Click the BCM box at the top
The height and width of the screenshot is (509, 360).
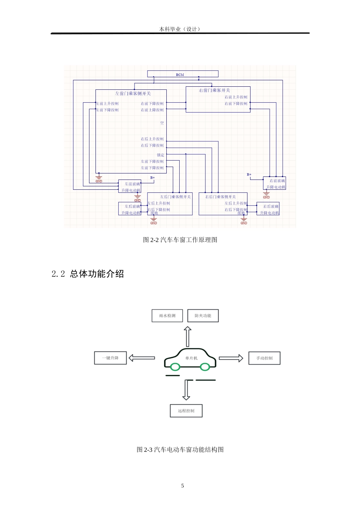[183, 74]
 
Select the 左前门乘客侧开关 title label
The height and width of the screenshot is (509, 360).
[133, 94]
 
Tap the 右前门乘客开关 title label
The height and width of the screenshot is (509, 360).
[214, 91]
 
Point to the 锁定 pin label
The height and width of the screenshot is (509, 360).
[161, 155]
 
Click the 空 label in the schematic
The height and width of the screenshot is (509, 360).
[162, 123]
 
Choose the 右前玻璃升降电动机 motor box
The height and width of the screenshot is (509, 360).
[275, 184]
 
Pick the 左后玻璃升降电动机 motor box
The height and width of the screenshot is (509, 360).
[130, 209]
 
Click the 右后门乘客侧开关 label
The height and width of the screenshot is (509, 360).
[221, 197]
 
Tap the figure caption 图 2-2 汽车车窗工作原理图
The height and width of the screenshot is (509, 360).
[180, 240]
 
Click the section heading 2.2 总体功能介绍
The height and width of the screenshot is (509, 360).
[88, 274]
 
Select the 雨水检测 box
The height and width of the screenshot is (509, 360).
[167, 316]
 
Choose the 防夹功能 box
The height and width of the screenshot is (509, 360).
[203, 316]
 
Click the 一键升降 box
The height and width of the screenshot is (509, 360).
[110, 358]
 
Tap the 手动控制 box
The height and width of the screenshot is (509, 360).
[264, 358]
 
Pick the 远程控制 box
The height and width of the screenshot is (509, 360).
[186, 411]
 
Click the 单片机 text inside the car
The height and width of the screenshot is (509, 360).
[191, 358]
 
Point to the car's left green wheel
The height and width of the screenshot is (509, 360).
[175, 367]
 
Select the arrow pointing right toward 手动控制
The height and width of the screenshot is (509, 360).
[231, 358]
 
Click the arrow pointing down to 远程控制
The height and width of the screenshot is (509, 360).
[186, 390]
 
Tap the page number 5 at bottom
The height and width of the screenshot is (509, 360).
[182, 486]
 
